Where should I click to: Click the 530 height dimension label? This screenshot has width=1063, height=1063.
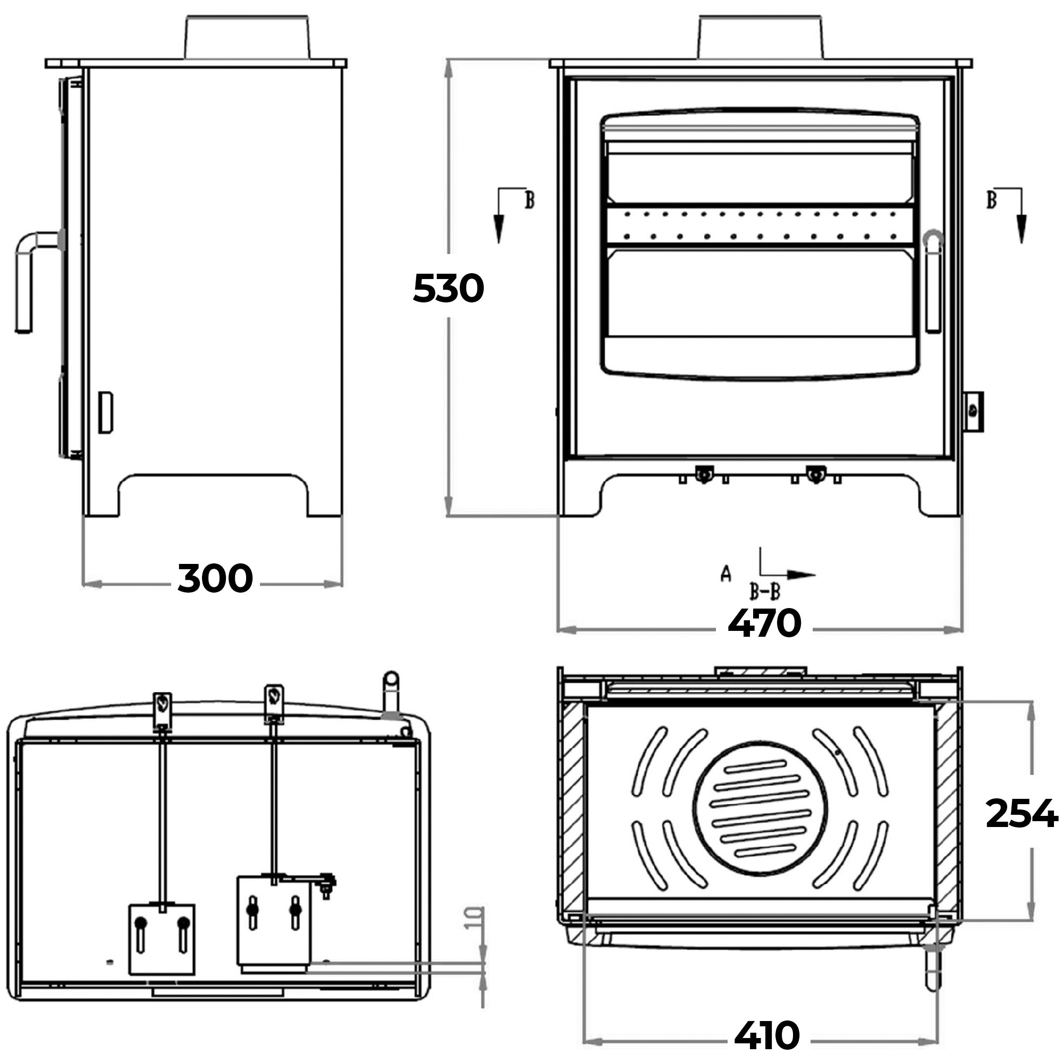click(x=448, y=288)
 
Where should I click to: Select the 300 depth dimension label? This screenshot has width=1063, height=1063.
click(x=215, y=578)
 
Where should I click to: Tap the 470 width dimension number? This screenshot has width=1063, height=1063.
click(x=764, y=623)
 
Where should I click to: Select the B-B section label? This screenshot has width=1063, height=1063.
click(x=765, y=592)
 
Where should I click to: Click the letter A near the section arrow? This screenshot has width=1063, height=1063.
click(x=725, y=574)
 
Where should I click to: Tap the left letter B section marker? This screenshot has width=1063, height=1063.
click(x=529, y=200)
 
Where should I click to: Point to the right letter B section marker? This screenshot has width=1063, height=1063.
click(x=991, y=200)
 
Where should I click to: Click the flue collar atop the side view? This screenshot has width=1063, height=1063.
click(x=247, y=37)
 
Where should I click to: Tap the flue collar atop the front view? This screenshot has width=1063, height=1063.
click(x=761, y=37)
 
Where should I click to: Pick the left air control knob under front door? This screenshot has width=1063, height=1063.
click(x=703, y=474)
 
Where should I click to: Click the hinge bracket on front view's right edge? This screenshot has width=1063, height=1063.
click(x=973, y=411)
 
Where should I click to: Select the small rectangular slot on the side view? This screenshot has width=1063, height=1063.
click(x=105, y=412)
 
